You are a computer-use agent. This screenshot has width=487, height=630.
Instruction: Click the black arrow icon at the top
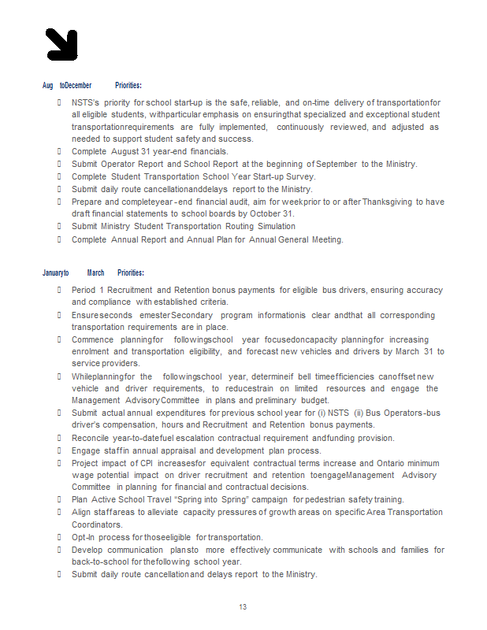[61, 44]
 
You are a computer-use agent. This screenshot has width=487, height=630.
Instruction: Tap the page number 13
[243, 606]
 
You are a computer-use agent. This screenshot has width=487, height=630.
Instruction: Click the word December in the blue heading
[78, 85]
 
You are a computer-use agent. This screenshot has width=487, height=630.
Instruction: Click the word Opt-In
[83, 537]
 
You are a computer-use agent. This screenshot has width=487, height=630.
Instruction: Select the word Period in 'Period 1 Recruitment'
[84, 290]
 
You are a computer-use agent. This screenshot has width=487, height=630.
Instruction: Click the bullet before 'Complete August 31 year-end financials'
[60, 151]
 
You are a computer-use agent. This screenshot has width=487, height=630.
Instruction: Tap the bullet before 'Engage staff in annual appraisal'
[60, 450]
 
